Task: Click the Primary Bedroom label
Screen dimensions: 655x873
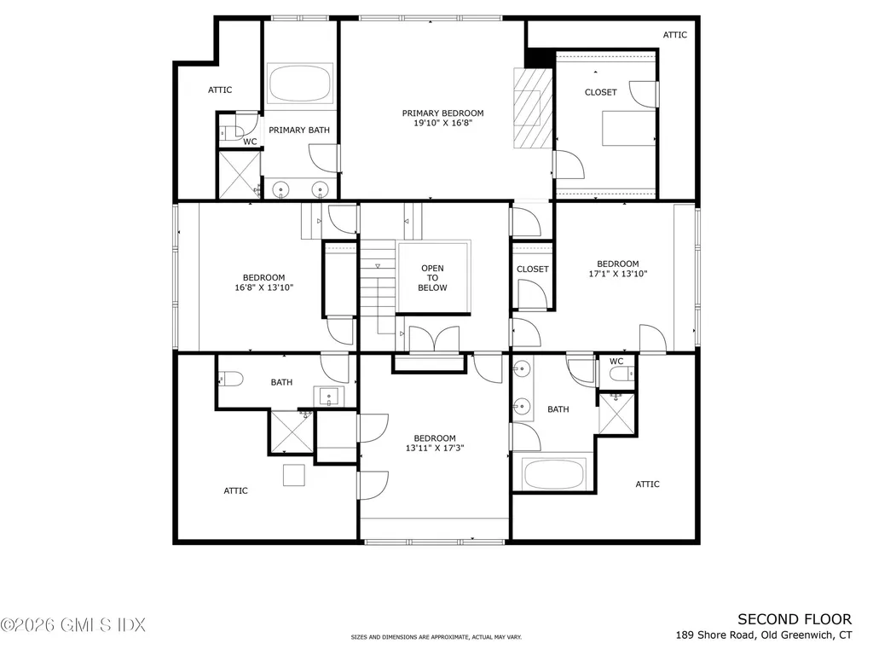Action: click(x=442, y=113)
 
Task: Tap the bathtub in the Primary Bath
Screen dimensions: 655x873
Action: click(x=300, y=84)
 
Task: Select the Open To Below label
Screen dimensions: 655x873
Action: click(x=432, y=278)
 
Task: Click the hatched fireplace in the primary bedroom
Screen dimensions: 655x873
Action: click(x=529, y=107)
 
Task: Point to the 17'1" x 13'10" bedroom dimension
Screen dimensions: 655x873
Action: click(x=617, y=274)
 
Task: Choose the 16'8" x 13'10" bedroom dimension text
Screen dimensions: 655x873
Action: click(x=263, y=287)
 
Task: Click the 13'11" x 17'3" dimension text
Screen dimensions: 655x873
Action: click(x=435, y=448)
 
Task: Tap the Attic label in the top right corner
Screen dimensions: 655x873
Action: click(x=674, y=35)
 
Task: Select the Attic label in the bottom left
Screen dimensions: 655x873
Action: click(x=236, y=490)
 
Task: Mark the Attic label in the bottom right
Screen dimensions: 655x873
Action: click(x=647, y=484)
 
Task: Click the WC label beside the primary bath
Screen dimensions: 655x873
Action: click(x=250, y=142)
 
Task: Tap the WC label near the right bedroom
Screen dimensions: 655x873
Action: click(x=616, y=361)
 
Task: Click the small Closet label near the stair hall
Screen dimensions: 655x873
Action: click(x=533, y=269)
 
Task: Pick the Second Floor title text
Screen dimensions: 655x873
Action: click(x=794, y=619)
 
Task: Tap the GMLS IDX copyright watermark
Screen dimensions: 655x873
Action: click(x=73, y=625)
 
